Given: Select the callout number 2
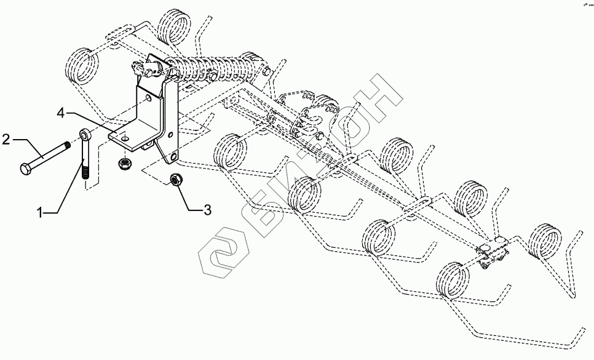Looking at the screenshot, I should (x=7, y=138).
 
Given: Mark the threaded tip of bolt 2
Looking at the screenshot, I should (x=68, y=146).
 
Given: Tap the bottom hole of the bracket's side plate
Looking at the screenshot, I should (x=173, y=158).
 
